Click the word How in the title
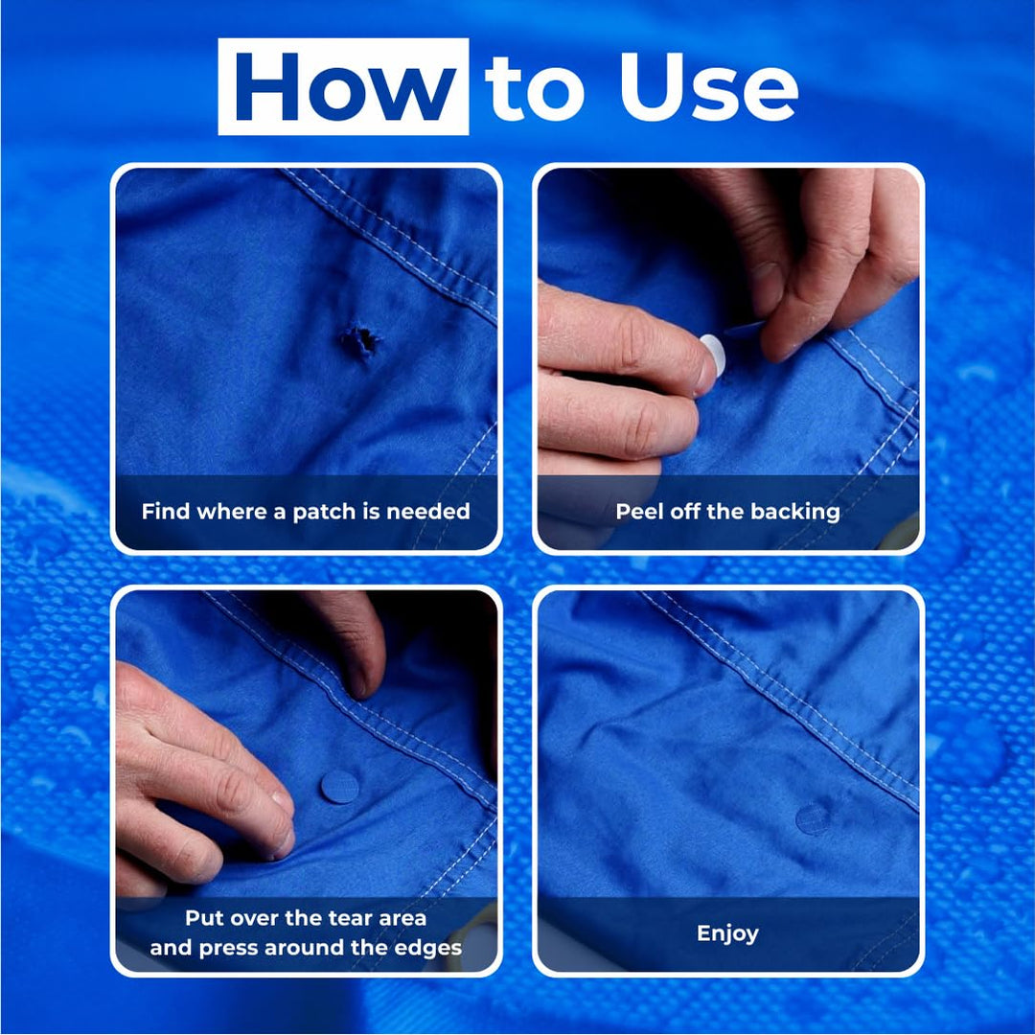[x=344, y=88]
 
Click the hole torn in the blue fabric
[x=360, y=341]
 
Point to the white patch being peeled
[x=713, y=354]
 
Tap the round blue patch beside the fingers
[x=339, y=787]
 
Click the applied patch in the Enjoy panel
[x=813, y=817]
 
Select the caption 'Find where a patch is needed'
[x=306, y=512]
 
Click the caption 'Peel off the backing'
[x=727, y=512]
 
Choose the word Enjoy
[x=727, y=933]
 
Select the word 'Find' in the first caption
[x=165, y=512]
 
